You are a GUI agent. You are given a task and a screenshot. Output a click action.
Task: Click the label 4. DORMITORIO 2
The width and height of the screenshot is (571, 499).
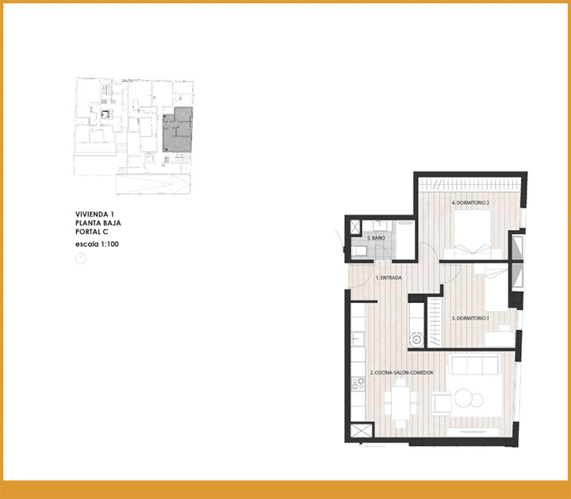tap(470, 202)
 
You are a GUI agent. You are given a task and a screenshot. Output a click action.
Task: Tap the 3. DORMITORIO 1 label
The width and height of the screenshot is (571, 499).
tap(470, 318)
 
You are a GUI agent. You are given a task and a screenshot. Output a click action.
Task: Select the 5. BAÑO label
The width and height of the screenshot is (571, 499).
tap(376, 238)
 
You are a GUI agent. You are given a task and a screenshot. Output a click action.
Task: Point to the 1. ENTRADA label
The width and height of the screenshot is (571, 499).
tap(389, 278)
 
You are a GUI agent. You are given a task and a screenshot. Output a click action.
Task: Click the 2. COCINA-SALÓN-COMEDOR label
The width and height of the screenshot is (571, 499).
tap(401, 373)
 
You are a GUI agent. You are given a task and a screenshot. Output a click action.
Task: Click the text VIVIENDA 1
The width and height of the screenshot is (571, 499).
tap(94, 214)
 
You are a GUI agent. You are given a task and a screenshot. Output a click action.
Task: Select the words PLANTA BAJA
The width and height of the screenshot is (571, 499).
tap(98, 223)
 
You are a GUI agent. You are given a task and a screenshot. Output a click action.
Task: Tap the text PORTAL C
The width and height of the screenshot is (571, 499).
tap(92, 232)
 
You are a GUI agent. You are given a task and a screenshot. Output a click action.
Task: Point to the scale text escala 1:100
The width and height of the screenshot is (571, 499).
tap(97, 244)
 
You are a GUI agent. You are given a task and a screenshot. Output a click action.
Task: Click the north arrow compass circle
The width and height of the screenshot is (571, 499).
tap(80, 259)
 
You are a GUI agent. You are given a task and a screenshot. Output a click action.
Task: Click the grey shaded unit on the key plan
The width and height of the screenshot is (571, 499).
tap(178, 129)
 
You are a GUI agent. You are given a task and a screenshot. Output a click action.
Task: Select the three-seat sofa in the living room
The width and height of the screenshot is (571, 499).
tap(473, 364)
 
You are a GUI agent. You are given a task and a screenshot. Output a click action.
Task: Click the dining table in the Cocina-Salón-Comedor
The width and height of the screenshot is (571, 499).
tap(401, 403)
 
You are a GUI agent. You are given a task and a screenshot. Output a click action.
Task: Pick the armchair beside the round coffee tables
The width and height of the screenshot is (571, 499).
tap(442, 403)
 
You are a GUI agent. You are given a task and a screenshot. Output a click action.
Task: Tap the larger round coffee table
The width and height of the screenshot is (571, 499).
tap(463, 398)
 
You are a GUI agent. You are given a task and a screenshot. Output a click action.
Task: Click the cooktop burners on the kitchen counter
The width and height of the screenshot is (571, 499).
tap(358, 385)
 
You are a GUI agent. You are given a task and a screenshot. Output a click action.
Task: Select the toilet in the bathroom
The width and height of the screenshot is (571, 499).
tap(359, 251)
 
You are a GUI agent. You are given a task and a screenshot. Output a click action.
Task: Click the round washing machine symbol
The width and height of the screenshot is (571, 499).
tap(416, 340)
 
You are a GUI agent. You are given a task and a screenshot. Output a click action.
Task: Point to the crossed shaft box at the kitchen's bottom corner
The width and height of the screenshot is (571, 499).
tap(362, 430)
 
